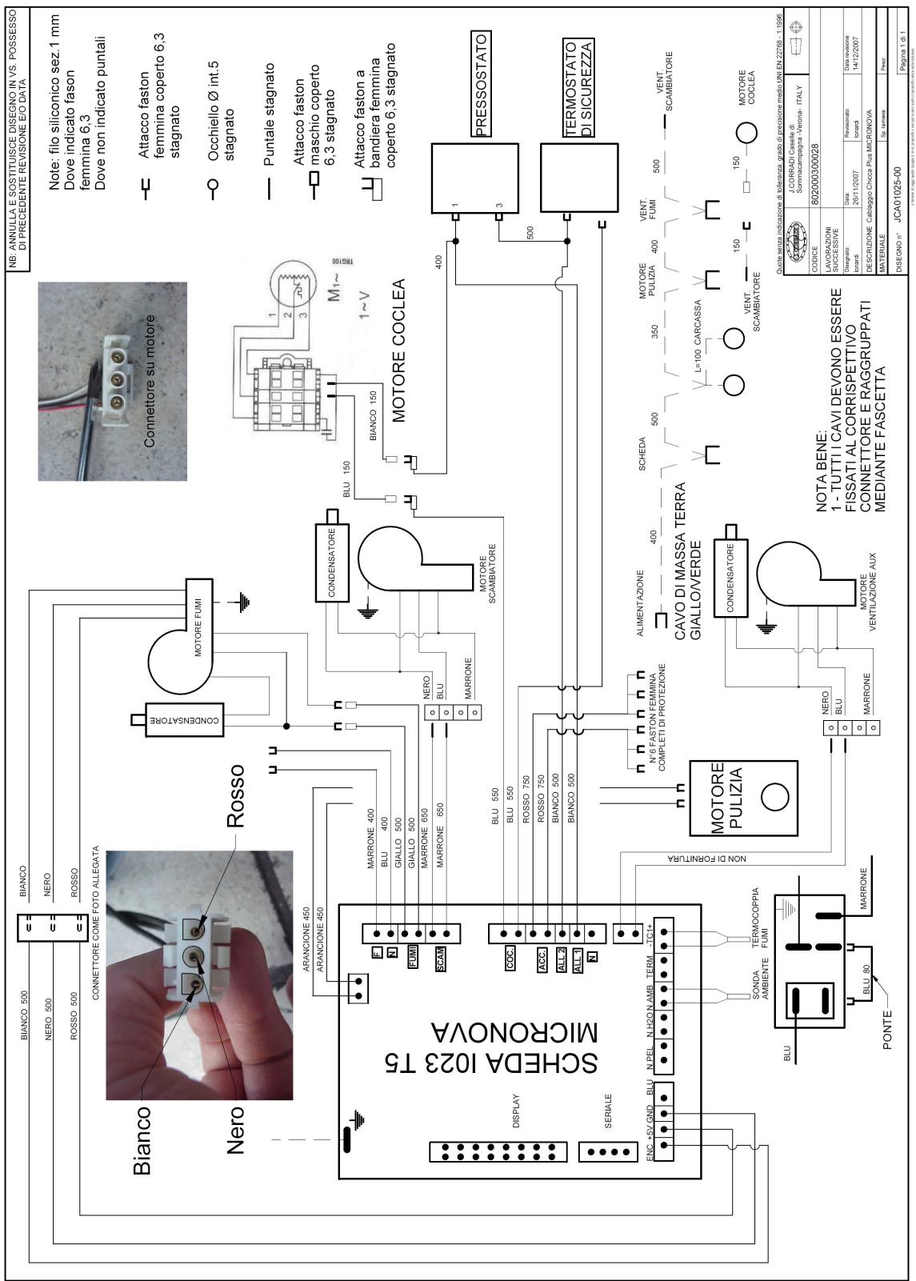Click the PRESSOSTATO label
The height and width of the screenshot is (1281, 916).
482,86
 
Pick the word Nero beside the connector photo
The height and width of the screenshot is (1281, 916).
236,1129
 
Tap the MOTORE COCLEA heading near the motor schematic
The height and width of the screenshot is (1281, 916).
399,350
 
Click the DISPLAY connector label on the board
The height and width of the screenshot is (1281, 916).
515,1109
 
